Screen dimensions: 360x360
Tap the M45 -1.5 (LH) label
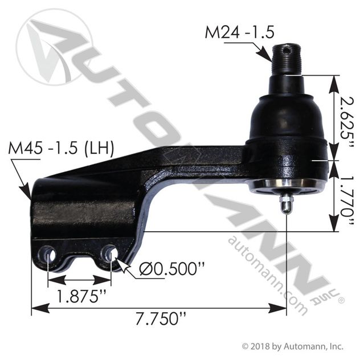pyautogui.click(x=62, y=150)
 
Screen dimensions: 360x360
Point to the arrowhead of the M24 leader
pyautogui.click(x=271, y=59)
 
